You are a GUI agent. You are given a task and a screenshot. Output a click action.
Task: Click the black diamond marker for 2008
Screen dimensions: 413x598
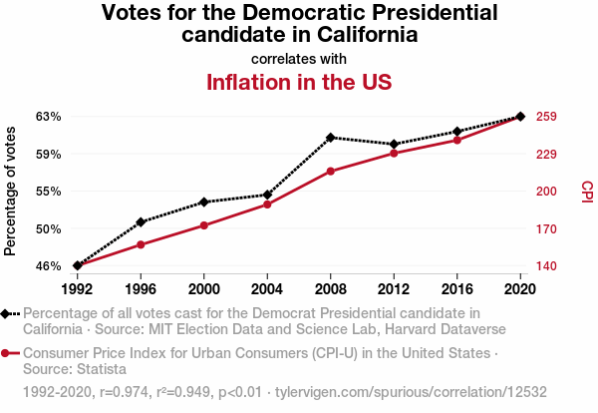coord(331,137)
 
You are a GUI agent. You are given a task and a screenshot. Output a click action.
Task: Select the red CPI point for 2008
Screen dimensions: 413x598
coord(331,172)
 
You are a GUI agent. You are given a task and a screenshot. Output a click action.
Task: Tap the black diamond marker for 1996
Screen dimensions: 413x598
coord(141,221)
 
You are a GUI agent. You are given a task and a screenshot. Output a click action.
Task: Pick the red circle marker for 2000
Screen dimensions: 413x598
coord(204,225)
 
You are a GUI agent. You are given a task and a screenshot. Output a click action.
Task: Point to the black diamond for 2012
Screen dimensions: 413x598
coord(394,145)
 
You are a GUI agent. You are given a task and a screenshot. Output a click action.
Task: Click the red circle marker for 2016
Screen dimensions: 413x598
coord(457,140)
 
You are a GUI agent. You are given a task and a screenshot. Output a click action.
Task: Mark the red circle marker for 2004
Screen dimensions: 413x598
coord(267,205)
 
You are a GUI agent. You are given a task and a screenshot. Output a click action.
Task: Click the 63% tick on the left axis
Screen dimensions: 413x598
coord(49,117)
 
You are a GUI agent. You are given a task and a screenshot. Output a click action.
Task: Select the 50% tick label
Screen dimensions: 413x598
coord(49,228)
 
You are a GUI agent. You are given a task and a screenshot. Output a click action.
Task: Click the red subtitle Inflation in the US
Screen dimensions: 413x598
coord(298,82)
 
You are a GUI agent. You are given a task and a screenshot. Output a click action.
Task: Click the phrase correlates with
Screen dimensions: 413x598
coord(298,58)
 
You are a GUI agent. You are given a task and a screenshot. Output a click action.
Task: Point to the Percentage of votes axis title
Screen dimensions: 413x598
coord(11,191)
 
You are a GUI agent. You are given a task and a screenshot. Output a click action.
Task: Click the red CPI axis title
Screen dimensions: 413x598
coord(586,191)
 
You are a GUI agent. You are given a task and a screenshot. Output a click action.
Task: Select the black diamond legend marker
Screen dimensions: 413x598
coord(8,313)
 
